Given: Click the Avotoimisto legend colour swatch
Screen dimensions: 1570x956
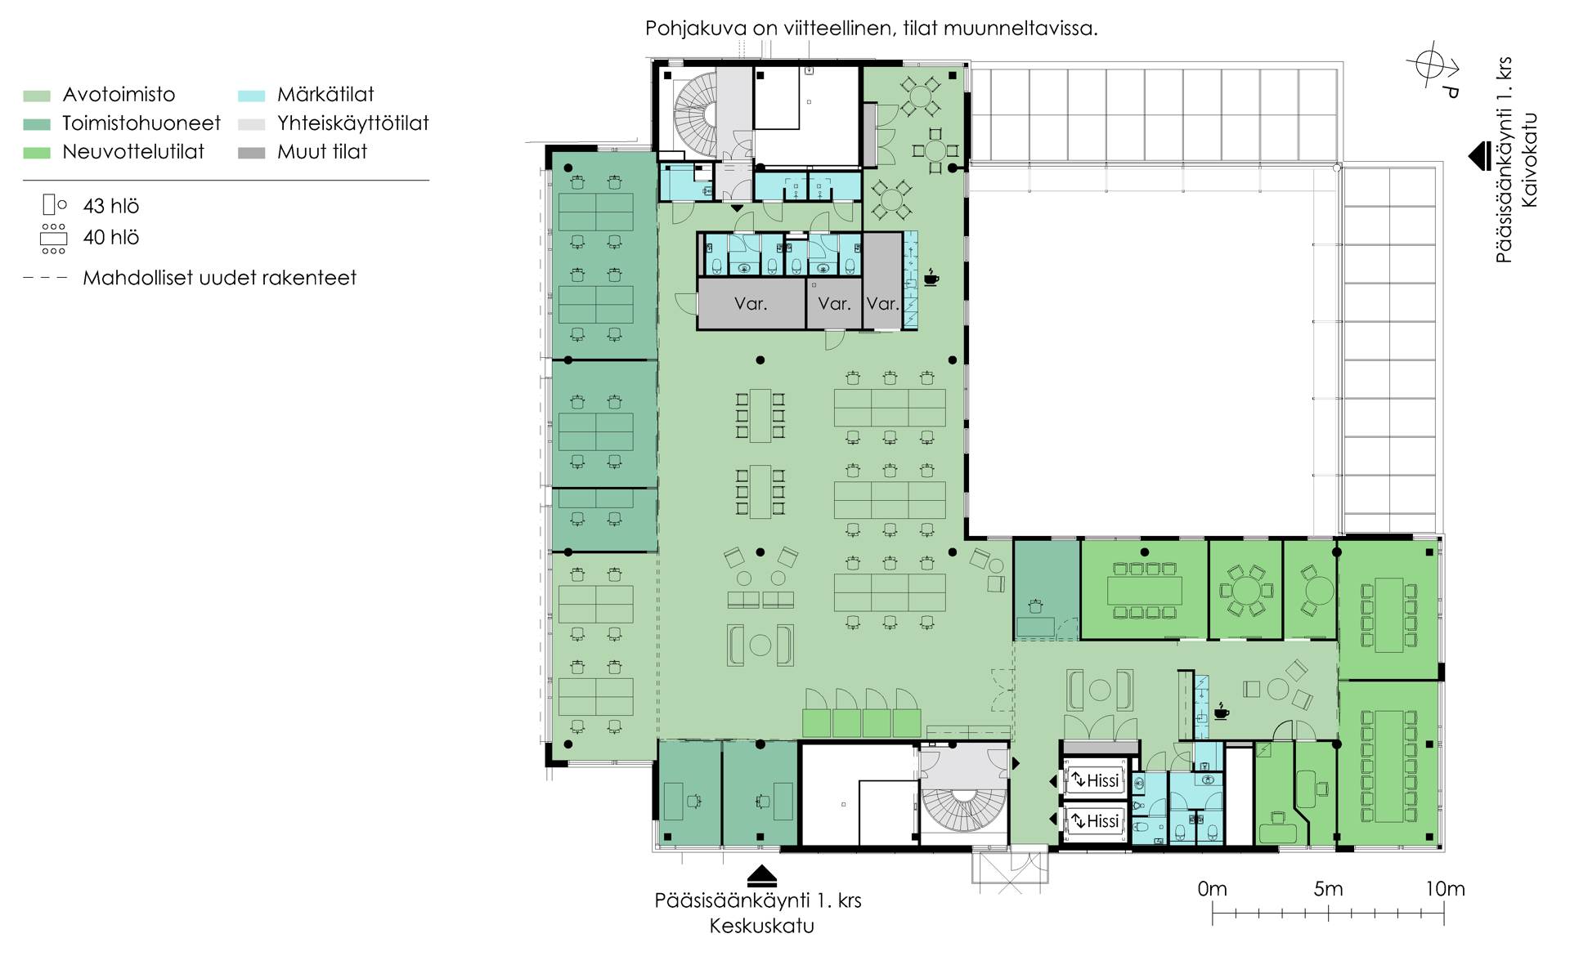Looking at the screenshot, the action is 37,96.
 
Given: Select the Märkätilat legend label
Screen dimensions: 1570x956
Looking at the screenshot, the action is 325,94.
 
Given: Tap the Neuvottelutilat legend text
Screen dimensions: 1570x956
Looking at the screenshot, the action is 133,151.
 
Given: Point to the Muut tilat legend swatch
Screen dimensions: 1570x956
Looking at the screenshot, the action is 252,153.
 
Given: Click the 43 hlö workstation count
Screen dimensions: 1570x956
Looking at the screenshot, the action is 111,206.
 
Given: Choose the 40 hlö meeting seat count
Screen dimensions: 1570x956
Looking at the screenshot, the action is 111,237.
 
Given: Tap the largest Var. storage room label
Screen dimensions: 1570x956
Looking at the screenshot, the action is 751,304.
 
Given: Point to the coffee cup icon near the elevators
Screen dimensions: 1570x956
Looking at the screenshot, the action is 1221,711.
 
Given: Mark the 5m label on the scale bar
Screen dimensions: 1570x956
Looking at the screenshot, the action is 1328,889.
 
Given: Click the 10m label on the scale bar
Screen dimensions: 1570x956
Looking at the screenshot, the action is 1445,889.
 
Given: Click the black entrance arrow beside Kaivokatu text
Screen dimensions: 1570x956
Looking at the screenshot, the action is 1480,156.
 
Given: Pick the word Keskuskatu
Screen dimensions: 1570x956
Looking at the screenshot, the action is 761,926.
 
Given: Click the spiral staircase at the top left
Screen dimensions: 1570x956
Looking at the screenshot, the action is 695,112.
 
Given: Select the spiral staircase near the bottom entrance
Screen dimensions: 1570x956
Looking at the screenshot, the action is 962,810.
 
